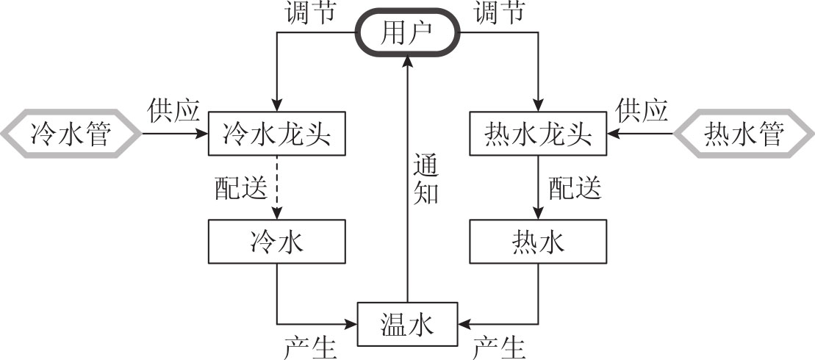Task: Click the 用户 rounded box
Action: pos(408,34)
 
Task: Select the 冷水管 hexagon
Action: pos(70,135)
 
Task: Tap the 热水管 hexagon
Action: pos(743,135)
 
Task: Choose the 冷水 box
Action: pos(276,242)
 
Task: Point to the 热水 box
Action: pos(539,242)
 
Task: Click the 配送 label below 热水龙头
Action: pos(575,189)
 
